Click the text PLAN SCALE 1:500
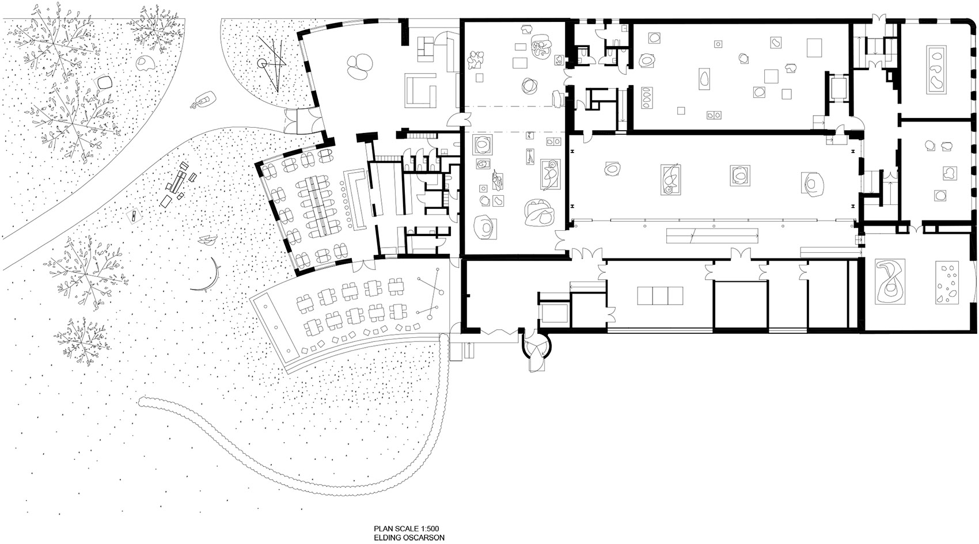(407, 528)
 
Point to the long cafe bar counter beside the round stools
(357, 199)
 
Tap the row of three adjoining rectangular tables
(659, 295)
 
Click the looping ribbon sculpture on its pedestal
(889, 282)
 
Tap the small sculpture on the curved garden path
(202, 101)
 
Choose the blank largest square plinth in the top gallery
(814, 47)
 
